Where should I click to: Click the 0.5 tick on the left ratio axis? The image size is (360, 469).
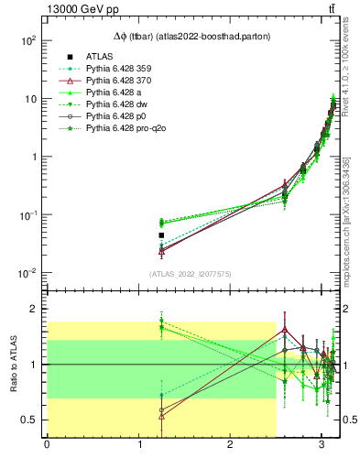(x=29, y=420)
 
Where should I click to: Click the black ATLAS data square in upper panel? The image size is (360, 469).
(x=161, y=235)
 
